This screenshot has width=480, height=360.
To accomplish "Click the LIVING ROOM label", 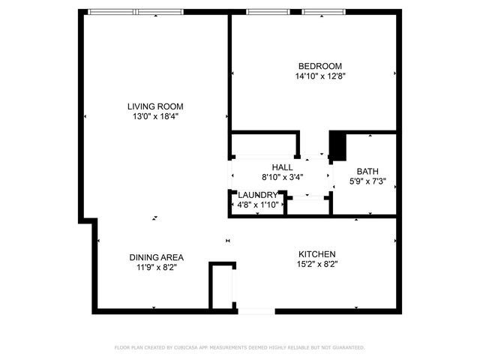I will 155,106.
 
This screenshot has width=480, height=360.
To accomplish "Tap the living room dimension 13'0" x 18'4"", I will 155,116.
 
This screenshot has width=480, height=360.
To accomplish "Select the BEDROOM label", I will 319,66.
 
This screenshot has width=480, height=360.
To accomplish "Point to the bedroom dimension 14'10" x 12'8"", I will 319,76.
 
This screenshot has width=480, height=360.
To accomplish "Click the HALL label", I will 282,167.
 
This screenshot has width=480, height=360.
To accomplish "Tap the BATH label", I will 367,171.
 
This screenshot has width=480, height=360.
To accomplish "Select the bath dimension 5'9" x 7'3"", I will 367,181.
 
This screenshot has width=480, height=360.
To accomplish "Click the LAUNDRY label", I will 257,195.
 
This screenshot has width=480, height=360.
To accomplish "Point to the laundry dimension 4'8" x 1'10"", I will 257,204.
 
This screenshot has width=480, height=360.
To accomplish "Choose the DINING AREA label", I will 156,257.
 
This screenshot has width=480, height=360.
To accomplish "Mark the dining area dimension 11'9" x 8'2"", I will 156,267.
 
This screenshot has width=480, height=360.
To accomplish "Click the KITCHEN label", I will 316,254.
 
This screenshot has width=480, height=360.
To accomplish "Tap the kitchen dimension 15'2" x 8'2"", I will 316,264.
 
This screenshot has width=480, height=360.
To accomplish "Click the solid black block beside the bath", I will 337,145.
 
